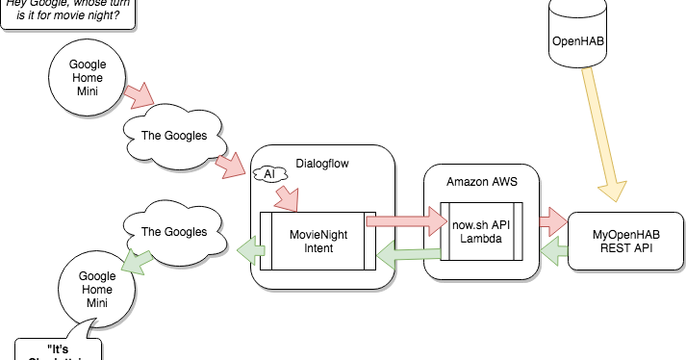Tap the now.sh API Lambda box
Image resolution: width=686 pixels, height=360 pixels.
(481, 231)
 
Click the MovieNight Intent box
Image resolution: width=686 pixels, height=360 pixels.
(318, 241)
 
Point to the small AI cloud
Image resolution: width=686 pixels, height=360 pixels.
(268, 174)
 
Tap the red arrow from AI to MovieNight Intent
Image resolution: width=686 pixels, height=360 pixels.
(286, 197)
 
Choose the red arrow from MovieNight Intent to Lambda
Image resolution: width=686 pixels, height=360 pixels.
(402, 223)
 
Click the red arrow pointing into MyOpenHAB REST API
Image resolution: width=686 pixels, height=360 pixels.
(552, 220)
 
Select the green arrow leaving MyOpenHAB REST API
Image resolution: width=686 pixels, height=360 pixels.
(552, 252)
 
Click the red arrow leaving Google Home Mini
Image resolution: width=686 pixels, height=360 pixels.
(140, 94)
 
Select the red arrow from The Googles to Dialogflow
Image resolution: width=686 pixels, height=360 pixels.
(231, 166)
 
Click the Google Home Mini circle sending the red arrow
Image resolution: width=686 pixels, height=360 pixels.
(88, 77)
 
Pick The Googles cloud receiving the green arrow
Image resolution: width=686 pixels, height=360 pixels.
(174, 232)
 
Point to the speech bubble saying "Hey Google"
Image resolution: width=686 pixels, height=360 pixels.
(67, 14)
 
